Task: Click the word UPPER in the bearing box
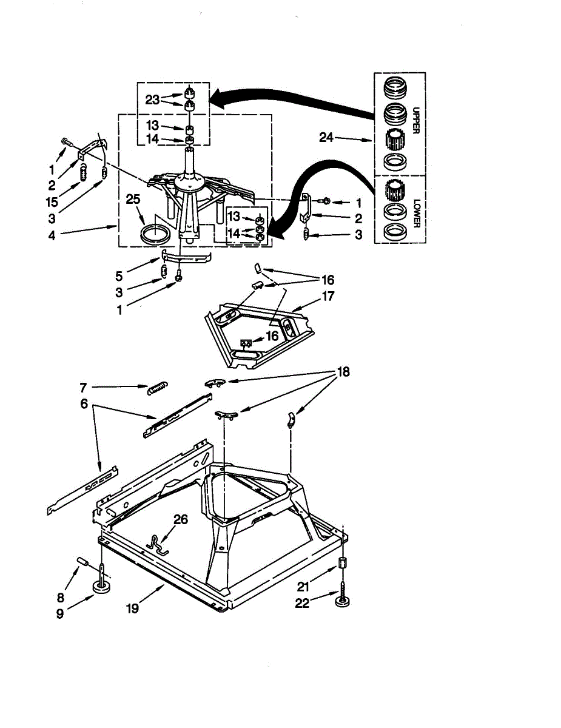416,122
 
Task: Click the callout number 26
181,519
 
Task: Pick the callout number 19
132,608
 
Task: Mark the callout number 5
119,276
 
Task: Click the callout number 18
343,372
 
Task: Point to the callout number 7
84,387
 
